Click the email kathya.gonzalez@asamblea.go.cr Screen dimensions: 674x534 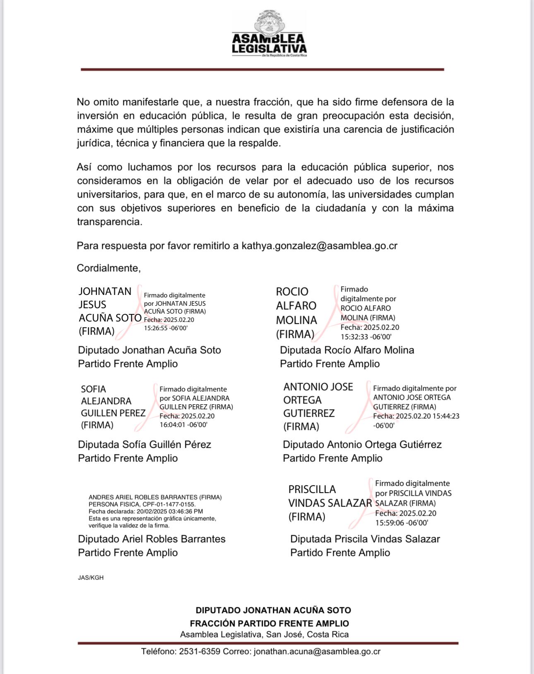(x=319, y=246)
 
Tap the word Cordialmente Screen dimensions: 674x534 (x=108, y=268)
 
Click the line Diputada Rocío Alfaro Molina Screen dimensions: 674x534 (x=347, y=350)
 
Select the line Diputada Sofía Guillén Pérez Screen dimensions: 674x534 (x=144, y=445)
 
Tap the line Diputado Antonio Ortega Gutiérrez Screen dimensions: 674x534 (x=362, y=445)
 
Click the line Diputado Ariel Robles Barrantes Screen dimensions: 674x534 (x=152, y=539)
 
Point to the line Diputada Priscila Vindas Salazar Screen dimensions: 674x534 (x=365, y=539)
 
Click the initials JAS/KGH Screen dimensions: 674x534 (x=91, y=577)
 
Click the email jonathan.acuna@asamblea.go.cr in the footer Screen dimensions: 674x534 (x=317, y=651)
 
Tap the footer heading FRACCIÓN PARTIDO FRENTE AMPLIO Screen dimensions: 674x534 (x=269, y=623)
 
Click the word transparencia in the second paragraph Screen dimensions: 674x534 (x=109, y=222)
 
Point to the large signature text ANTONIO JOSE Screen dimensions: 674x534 (x=318, y=387)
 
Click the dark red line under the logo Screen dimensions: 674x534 (x=262, y=70)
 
